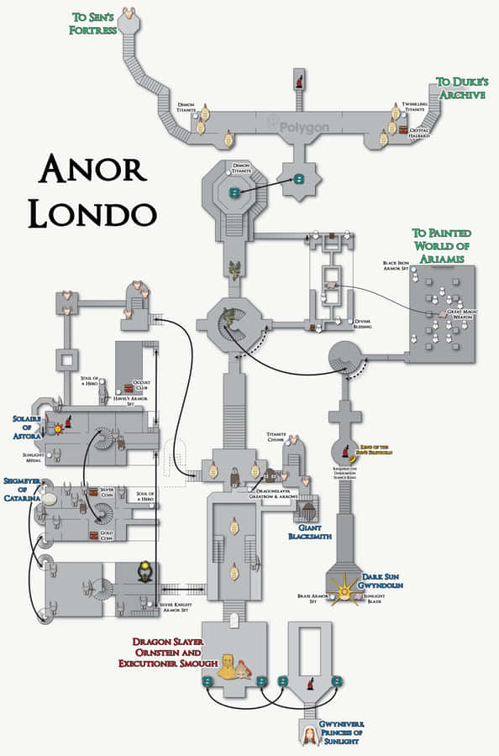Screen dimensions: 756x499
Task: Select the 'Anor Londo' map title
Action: (92, 192)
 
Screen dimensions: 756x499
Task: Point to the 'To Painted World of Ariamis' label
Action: (441, 245)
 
